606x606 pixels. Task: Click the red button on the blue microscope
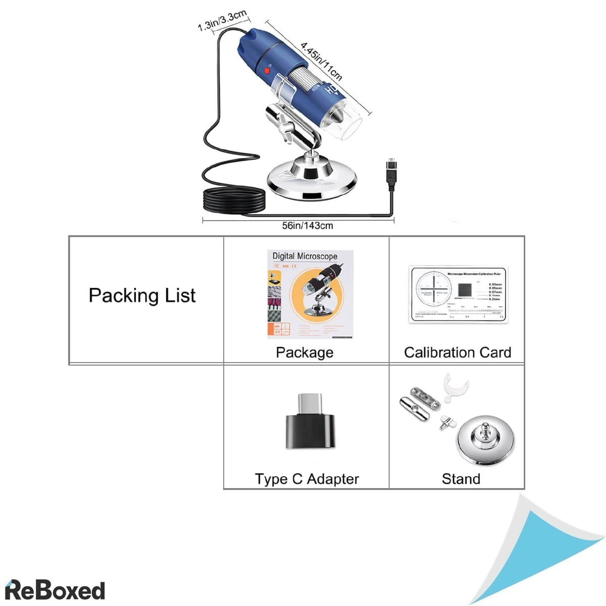click(x=268, y=72)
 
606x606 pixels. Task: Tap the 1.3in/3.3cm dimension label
click(x=222, y=21)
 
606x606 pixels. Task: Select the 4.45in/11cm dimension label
click(x=322, y=61)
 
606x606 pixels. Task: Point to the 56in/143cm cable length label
click(x=307, y=226)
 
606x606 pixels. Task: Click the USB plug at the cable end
click(x=391, y=174)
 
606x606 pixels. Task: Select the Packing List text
click(x=142, y=295)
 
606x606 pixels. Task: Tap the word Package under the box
click(x=305, y=352)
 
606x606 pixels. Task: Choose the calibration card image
click(x=458, y=294)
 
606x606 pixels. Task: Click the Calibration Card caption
click(x=458, y=352)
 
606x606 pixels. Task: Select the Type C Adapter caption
click(x=307, y=479)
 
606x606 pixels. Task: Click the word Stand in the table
click(x=461, y=479)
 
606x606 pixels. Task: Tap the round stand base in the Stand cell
click(x=486, y=439)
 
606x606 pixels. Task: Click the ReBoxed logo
click(x=55, y=590)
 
